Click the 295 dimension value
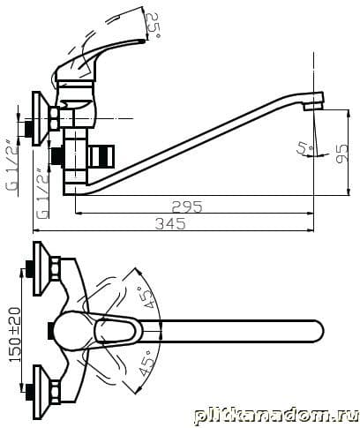click(187, 206)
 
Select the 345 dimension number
click(170, 224)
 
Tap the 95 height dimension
click(342, 154)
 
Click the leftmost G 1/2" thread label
click(11, 168)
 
